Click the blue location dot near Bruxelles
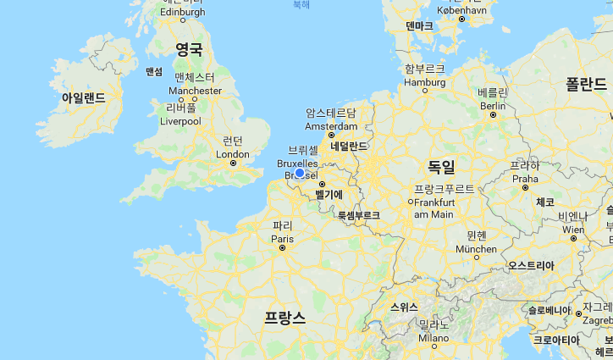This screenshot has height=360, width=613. pos(299,173)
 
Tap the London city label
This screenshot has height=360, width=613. pos(233,154)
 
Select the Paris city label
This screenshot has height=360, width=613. pos(281,239)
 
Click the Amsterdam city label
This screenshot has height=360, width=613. pos(330,126)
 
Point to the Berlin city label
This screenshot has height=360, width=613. pos(492,106)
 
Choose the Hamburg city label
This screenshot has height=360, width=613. pos(424,83)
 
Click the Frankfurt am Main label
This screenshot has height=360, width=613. pos(434,208)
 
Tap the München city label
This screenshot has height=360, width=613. pos(476,249)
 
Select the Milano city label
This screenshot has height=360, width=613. pos(434,337)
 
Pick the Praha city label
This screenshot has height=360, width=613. pos(525,179)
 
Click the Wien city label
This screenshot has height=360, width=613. pos(573,229)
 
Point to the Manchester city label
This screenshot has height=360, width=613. pos(195,91)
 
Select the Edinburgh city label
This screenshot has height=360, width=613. pos(182,12)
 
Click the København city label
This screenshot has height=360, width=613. pos(462,9)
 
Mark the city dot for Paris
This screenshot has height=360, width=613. pos(282,248)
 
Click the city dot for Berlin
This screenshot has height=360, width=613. pos(493,115)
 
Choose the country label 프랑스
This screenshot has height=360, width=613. pos(284,317)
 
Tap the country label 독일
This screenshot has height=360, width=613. pos(441,166)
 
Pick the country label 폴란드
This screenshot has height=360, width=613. pos(586,83)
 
